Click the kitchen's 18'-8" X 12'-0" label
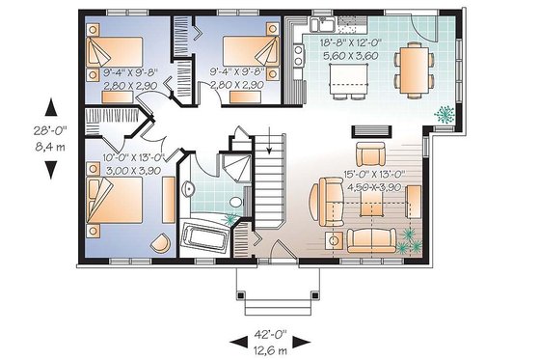coord(347,42)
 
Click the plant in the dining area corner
coord(444,113)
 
